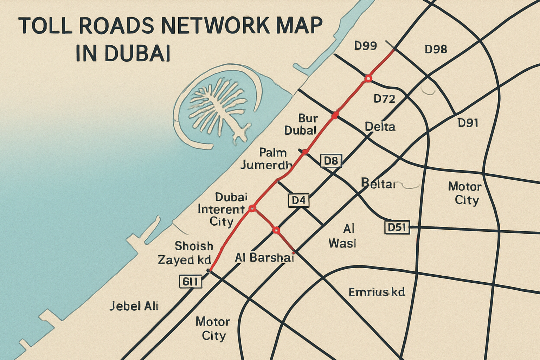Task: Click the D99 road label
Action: pyautogui.click(x=365, y=45)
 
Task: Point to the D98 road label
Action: pyautogui.click(x=436, y=49)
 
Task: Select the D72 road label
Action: pyautogui.click(x=384, y=99)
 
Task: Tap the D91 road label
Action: pyautogui.click(x=468, y=123)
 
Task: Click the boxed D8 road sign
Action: pyautogui.click(x=331, y=161)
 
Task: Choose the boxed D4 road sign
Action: pyautogui.click(x=298, y=200)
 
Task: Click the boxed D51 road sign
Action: pyautogui.click(x=397, y=227)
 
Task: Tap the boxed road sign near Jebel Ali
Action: pyautogui.click(x=191, y=282)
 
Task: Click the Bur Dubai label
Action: pyautogui.click(x=301, y=124)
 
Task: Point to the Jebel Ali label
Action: pyautogui.click(x=134, y=306)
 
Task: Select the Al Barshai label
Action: pyautogui.click(x=264, y=258)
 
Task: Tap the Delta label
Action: pyautogui.click(x=380, y=127)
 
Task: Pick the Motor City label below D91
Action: pyautogui.click(x=464, y=193)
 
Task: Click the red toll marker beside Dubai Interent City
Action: pyautogui.click(x=252, y=208)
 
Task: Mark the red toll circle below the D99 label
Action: pyautogui.click(x=368, y=78)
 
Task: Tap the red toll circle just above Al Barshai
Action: pyautogui.click(x=276, y=230)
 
